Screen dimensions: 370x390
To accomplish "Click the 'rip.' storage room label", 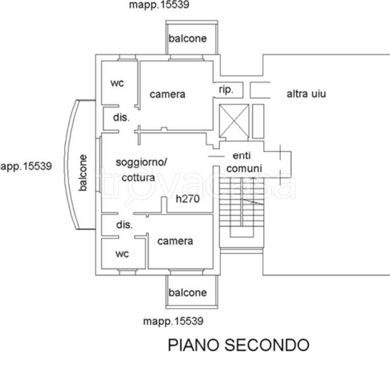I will click(x=226, y=90).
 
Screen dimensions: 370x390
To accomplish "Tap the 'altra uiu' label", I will click(x=306, y=94).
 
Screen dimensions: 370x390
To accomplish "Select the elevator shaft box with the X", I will click(x=233, y=120).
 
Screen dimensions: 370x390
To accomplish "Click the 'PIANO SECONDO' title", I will click(x=239, y=345).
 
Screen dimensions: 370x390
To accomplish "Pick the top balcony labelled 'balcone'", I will click(x=188, y=38).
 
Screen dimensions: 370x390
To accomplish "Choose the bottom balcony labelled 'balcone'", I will click(x=188, y=293).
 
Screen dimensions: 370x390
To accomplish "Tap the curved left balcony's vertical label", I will click(x=83, y=173).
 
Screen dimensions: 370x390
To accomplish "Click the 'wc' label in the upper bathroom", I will click(x=118, y=83).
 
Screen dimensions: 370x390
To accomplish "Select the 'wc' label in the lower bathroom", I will click(x=122, y=254).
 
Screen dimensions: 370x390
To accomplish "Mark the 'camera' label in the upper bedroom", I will click(x=168, y=94).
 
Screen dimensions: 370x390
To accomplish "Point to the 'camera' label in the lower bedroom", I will click(x=175, y=241).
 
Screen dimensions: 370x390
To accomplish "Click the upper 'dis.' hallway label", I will click(x=122, y=117).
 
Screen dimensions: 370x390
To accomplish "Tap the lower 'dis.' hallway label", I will click(x=125, y=225).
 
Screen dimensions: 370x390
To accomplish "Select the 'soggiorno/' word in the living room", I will click(x=141, y=162).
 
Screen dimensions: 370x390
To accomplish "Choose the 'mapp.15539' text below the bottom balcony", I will click(x=173, y=321).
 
